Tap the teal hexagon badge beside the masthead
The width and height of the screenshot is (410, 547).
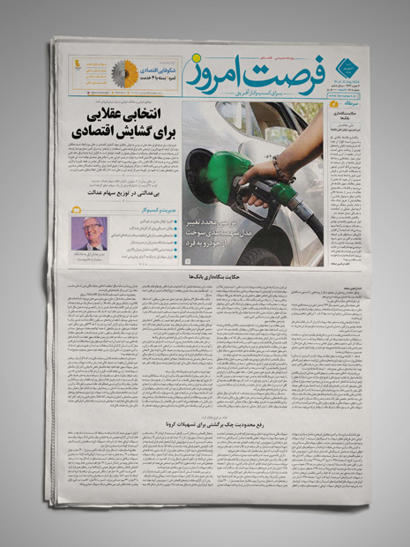click(344, 64)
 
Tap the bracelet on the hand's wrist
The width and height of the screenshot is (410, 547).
click(280, 167)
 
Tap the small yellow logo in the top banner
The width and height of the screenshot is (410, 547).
click(77, 64)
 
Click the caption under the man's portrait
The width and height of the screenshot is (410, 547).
click(90, 258)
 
